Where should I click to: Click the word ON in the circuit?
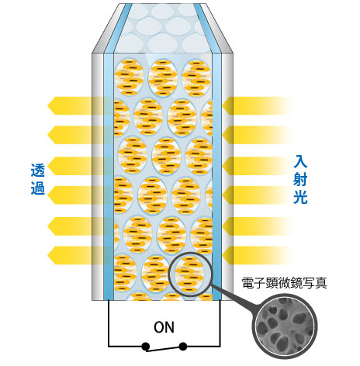(164, 327)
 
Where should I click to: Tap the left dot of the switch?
(146, 346)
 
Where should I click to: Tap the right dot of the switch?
(183, 346)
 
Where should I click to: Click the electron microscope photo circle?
(285, 328)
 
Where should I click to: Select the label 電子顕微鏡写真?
(284, 283)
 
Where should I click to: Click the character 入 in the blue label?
(300, 161)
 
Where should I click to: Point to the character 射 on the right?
(300, 180)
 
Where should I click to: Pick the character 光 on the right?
(300, 198)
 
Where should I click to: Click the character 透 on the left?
(38, 170)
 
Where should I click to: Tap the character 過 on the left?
(38, 188)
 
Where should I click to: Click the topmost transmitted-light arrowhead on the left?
(53, 105)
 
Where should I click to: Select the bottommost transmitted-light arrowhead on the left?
(53, 255)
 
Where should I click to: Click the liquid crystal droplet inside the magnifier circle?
(189, 274)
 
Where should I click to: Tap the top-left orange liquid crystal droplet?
(129, 78)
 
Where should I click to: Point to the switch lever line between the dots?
(164, 349)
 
